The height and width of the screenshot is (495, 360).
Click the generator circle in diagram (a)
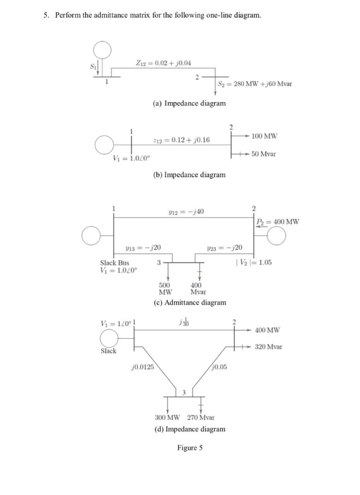coord(102,50)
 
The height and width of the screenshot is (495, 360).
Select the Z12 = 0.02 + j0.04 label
coord(163,63)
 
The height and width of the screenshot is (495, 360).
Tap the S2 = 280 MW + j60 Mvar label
coord(255,84)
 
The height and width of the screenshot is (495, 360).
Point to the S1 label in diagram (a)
coord(93,66)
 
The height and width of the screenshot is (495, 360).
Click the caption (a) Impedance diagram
coord(189,103)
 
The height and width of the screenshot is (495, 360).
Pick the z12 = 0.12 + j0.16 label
coord(182,140)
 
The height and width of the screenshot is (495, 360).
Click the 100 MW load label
coord(264,136)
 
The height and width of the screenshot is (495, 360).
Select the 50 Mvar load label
coord(264,154)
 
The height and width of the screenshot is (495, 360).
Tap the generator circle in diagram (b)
coord(104,145)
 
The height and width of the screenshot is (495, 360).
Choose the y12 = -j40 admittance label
coord(186,212)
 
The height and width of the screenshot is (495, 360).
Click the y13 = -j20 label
coord(143,248)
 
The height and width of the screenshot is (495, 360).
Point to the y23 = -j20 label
coord(225,248)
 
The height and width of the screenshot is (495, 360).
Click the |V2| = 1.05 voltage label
coord(254,262)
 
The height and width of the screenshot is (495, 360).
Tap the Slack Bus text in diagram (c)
coord(115,263)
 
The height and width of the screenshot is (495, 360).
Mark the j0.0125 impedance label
coord(142,367)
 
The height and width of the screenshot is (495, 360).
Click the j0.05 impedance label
coord(219,367)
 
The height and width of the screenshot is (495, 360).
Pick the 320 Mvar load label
coord(269,347)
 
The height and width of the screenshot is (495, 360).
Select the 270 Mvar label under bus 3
coord(201,418)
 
